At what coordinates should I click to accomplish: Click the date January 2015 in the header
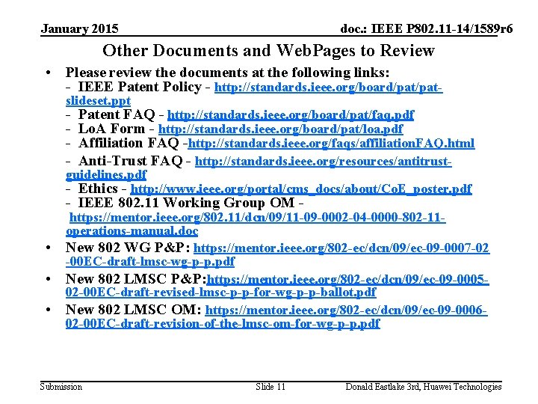79,29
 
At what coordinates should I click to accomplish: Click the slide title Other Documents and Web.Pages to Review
268,51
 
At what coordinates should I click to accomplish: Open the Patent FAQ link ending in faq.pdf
291,115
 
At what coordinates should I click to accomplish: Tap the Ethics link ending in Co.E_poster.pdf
301,189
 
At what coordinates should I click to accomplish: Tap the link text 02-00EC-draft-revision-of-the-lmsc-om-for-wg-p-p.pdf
223,324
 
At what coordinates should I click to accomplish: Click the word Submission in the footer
61,387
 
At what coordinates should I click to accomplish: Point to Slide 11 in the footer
270,387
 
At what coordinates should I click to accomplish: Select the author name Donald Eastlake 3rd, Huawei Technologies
423,387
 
